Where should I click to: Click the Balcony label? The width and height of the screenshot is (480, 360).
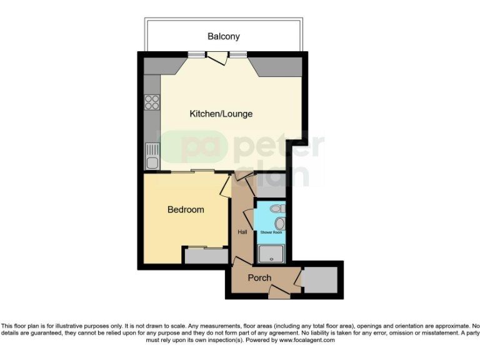tap(223, 36)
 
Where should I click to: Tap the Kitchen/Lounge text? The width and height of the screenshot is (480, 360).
tap(221, 114)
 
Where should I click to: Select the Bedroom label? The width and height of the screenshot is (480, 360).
tap(186, 210)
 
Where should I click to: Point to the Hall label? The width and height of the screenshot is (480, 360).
tap(242, 232)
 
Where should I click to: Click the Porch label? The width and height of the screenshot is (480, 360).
tap(259, 277)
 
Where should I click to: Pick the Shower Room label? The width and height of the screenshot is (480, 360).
tap(271, 232)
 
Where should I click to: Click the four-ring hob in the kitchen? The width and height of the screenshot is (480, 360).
tap(152, 102)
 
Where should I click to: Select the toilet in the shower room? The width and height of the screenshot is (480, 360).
tap(279, 209)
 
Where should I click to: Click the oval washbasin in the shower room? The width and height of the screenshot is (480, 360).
tap(279, 223)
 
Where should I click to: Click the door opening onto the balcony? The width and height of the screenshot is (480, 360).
tap(217, 58)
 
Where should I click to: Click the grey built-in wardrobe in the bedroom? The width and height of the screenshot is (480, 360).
tap(206, 256)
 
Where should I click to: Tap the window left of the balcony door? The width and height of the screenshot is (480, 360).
tap(197, 54)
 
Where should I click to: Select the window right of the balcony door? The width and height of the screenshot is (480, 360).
tap(237, 54)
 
